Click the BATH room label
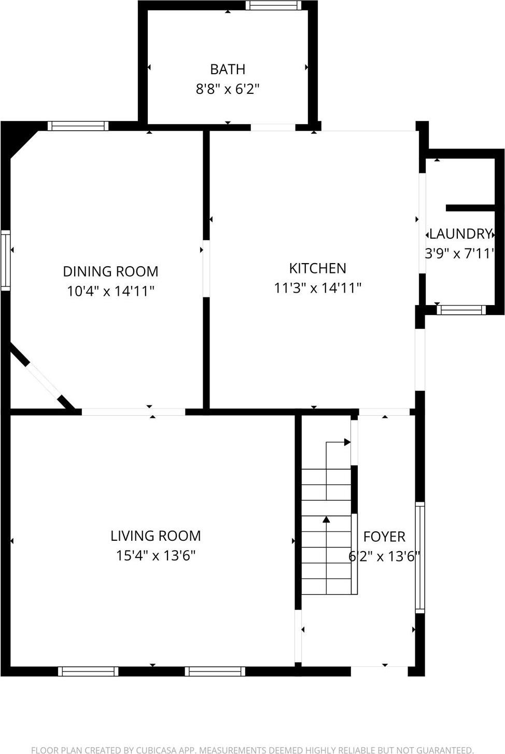[x=228, y=69]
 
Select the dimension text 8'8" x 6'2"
[x=227, y=89]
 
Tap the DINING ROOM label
[x=110, y=271]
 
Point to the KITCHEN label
[x=317, y=268]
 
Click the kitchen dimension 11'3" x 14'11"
[x=317, y=287]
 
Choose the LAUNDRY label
[x=460, y=234]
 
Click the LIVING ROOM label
[x=156, y=536]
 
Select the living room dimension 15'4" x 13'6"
[x=156, y=555]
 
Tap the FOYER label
[x=384, y=537]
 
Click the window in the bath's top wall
[x=273, y=5]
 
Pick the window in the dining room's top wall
[x=78, y=126]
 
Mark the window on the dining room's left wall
[x=5, y=260]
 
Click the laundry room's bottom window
[x=461, y=310]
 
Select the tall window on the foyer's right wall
[x=420, y=557]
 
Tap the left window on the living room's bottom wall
[x=88, y=671]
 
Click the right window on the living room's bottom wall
[x=215, y=671]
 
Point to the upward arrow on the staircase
[x=326, y=519]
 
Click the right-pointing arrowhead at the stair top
[x=347, y=442]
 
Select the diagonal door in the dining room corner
[x=44, y=380]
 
